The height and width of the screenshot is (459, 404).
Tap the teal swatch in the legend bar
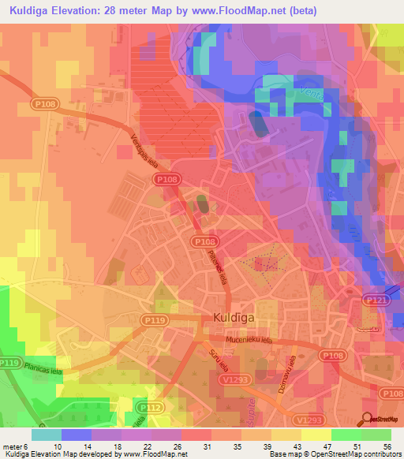(x=47, y=434)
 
